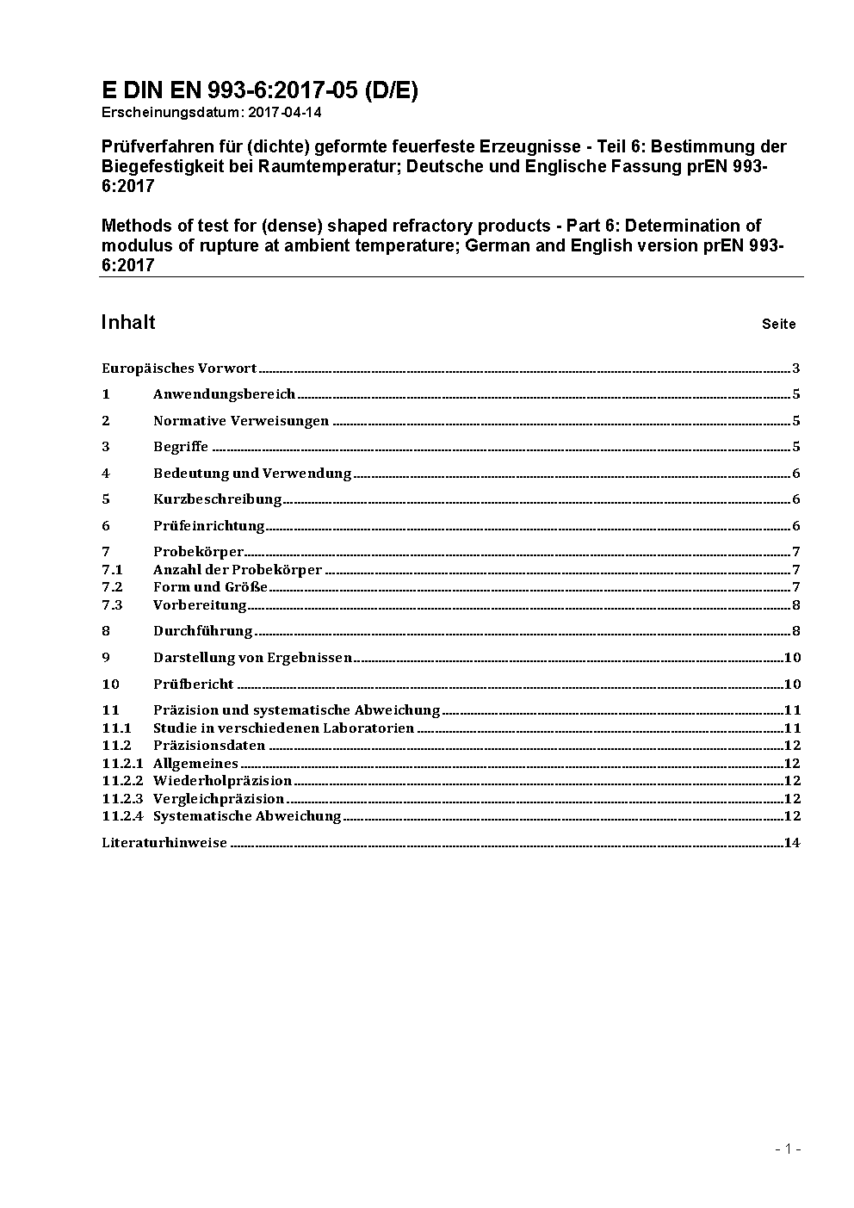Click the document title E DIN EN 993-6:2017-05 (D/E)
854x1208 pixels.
[x=259, y=90]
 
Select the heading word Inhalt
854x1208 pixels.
[x=128, y=322]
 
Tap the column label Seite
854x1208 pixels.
[x=778, y=325]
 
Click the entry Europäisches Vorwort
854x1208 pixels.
[x=179, y=369]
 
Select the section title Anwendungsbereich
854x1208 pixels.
[x=224, y=394]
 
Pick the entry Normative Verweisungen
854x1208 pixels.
[x=241, y=421]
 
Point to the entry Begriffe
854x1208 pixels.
[x=181, y=447]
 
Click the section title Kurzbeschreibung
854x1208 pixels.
[x=218, y=499]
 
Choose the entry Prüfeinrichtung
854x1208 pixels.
[x=209, y=526]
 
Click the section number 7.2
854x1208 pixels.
[x=112, y=587]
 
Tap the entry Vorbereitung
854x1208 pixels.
[x=200, y=605]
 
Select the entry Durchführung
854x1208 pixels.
[x=203, y=631]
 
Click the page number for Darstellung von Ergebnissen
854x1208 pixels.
[x=792, y=658]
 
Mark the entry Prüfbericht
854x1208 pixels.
[x=194, y=685]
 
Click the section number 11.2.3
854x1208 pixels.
[x=122, y=799]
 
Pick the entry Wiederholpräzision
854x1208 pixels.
[x=223, y=781]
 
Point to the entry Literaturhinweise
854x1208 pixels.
[x=164, y=843]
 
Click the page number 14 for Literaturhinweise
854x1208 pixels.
[x=792, y=843]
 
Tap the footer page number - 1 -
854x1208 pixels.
[x=788, y=1149]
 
